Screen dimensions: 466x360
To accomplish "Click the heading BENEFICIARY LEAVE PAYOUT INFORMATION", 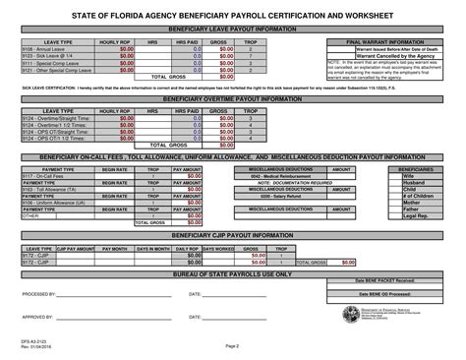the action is tap(232, 31).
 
